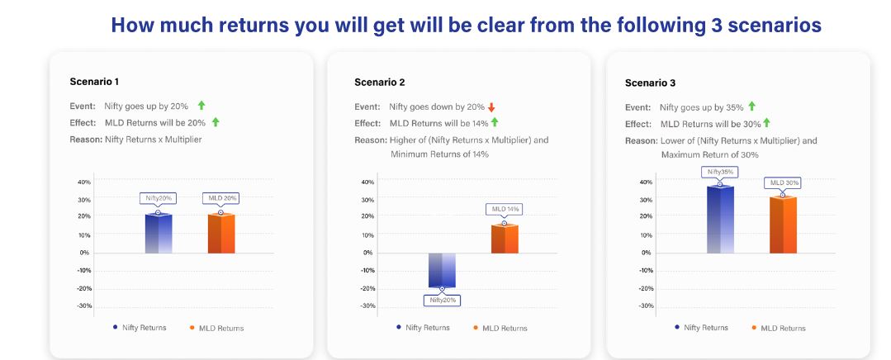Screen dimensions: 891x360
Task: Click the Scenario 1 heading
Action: [x=94, y=82]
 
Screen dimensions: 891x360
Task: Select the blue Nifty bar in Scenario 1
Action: [x=159, y=234]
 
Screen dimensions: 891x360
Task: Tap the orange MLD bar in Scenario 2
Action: [x=505, y=239]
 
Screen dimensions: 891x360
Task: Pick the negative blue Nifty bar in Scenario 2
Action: [x=442, y=270]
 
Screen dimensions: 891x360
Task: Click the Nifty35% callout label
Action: [x=720, y=172]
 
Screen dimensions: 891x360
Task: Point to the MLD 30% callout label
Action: [x=783, y=182]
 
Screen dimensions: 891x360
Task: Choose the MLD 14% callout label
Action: [x=505, y=209]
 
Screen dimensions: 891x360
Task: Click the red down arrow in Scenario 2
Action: [x=491, y=107]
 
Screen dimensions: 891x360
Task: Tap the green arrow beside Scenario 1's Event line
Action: [x=201, y=105]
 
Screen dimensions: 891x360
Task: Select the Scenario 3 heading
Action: [x=650, y=83]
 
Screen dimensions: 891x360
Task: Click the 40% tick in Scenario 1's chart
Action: [x=84, y=182]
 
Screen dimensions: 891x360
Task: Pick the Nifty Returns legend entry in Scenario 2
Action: [x=423, y=328]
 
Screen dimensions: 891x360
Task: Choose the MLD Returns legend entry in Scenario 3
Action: [x=778, y=328]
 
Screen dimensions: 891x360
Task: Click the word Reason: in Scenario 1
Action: [x=86, y=139]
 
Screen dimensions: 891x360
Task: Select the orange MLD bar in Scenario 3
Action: [x=783, y=225]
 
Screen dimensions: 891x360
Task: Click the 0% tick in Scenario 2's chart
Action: [x=369, y=253]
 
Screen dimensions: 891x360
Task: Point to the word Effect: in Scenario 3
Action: [x=638, y=124]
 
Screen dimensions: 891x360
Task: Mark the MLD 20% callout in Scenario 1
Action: [x=221, y=198]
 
